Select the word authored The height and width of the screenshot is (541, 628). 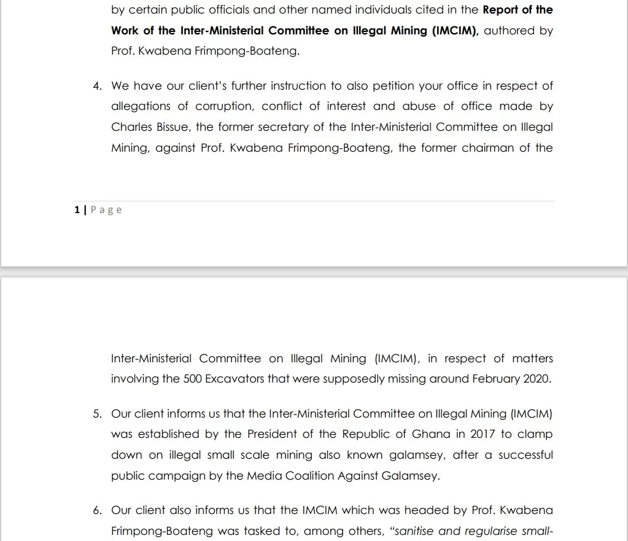point(510,30)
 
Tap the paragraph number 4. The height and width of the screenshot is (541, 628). point(97,86)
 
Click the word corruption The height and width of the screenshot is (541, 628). point(224,106)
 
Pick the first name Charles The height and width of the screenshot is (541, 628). point(130,127)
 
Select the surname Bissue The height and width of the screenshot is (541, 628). point(171,127)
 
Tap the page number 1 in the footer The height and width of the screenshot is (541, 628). point(77,210)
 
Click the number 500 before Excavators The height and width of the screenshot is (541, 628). point(193,379)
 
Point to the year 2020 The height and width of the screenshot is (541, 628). point(537,379)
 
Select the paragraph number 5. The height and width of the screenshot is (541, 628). point(97,414)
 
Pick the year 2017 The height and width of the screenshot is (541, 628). point(483,434)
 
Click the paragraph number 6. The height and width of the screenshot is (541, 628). point(97,510)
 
